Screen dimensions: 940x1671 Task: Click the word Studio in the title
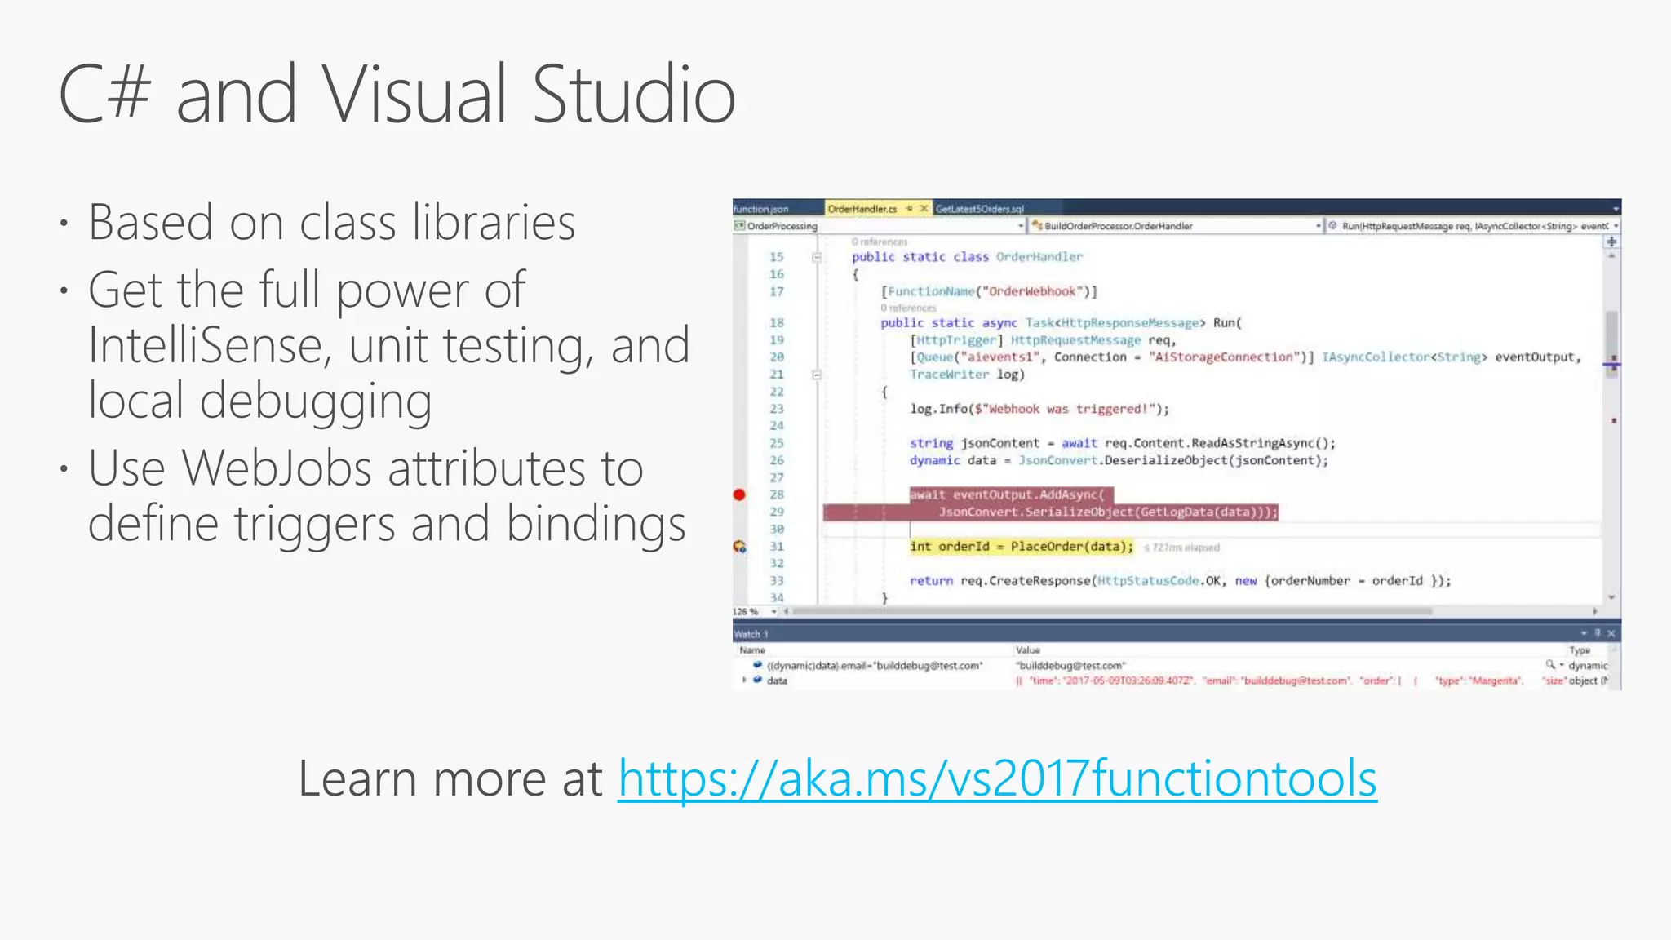pos(634,95)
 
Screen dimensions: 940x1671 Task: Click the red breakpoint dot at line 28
pos(739,494)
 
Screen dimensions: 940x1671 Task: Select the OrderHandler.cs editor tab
pos(862,209)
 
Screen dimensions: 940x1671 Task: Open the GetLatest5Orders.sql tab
pos(979,209)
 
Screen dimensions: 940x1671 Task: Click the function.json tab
pos(761,209)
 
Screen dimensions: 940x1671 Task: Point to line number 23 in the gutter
pos(777,409)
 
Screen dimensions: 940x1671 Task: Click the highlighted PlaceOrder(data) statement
pos(1070,547)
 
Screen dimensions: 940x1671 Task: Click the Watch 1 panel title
pos(751,634)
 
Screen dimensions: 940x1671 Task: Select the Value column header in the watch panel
pos(1028,650)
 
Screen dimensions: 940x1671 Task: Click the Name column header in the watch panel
pos(752,650)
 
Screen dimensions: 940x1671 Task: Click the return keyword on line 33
pos(931,581)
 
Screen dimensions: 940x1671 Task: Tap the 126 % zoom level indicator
pos(745,611)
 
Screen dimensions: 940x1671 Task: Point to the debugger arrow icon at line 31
pos(739,547)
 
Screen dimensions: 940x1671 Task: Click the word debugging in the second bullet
pos(316,401)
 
